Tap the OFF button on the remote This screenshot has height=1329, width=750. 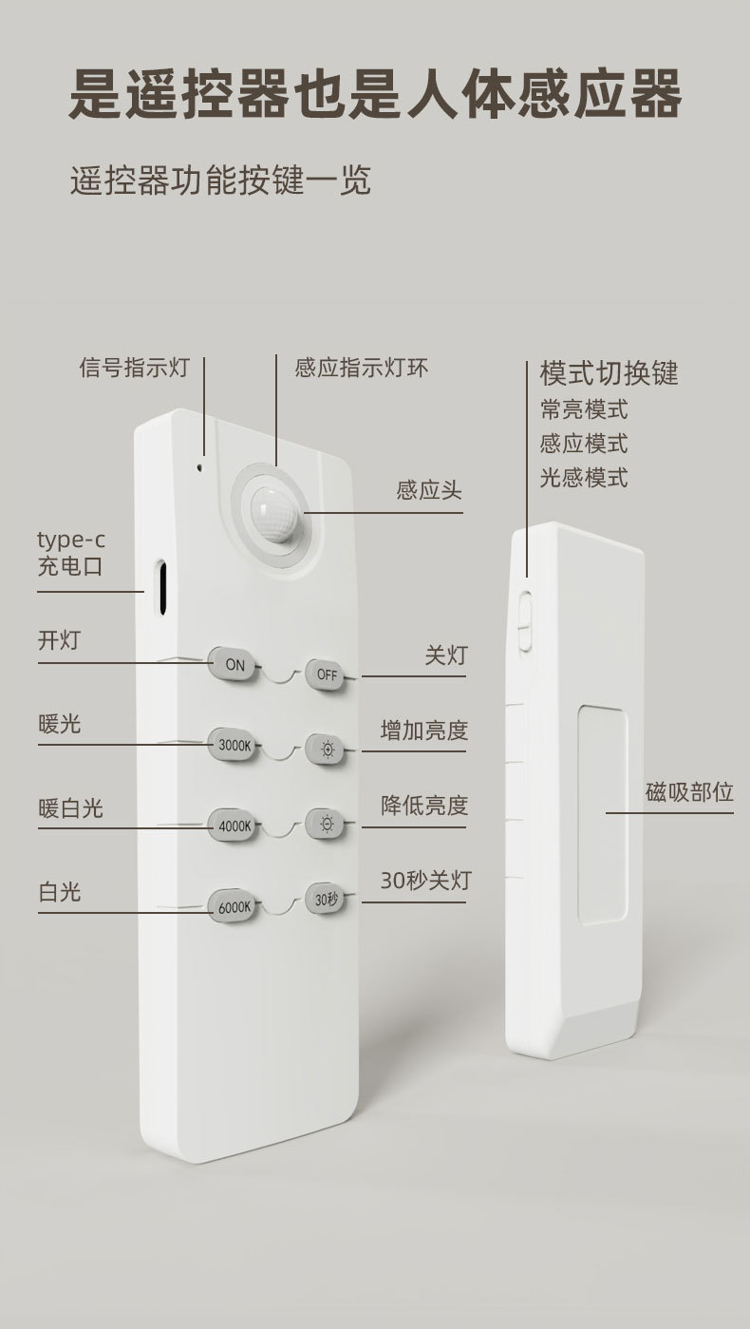[326, 674]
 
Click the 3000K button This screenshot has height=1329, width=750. [234, 745]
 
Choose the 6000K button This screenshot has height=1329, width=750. [234, 906]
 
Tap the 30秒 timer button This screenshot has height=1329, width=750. [326, 899]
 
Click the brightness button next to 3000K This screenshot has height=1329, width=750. [326, 749]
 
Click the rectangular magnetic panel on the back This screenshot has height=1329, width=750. [602, 813]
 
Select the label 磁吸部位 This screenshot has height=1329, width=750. [689, 792]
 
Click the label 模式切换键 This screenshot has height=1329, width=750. [609, 372]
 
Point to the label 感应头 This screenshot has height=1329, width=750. [428, 491]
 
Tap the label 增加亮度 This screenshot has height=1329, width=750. [423, 731]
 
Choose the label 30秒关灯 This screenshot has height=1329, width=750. [424, 881]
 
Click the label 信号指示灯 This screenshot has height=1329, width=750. [133, 368]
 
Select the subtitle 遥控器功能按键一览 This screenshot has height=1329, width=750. [220, 179]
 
